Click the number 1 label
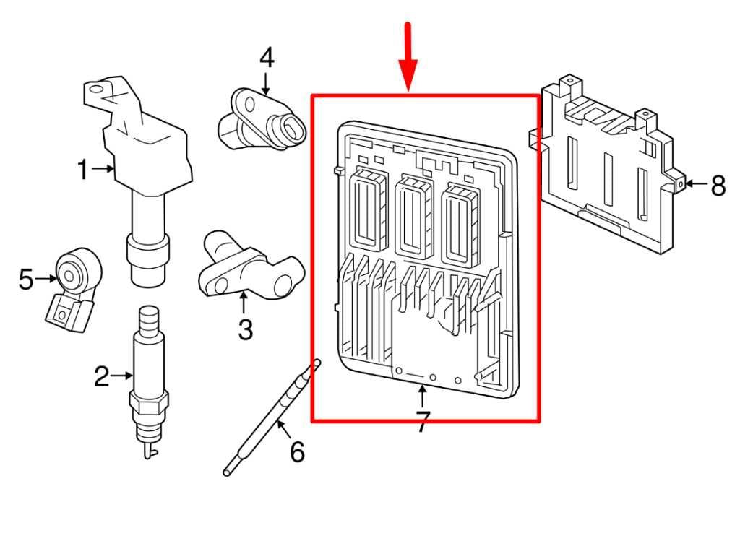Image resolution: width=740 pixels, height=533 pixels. [83, 170]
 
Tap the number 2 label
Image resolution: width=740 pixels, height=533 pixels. [102, 376]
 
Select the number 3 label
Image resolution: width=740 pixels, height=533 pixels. [245, 330]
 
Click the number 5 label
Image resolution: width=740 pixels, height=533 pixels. [26, 279]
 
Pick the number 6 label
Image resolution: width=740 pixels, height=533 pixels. [297, 452]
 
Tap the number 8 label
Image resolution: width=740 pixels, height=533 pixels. [718, 186]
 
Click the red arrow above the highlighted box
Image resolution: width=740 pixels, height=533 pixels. [409, 54]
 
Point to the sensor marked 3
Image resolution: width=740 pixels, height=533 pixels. [249, 267]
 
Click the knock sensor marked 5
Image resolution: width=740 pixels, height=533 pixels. [72, 285]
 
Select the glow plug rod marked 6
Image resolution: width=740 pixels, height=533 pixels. [271, 419]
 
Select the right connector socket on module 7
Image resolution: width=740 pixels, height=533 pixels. [460, 220]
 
